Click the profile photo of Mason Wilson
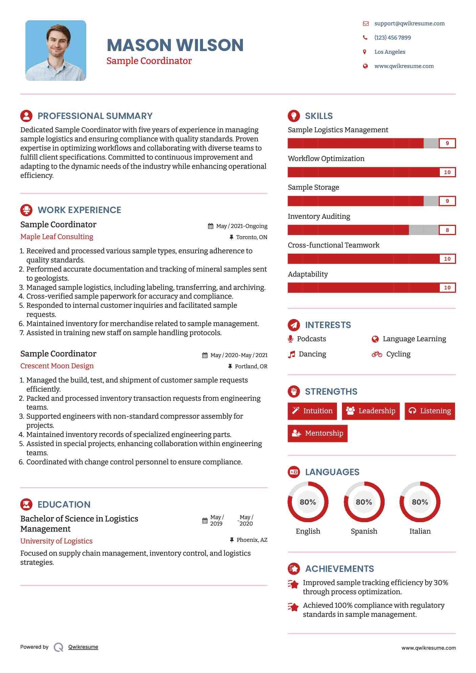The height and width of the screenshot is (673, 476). tap(56, 50)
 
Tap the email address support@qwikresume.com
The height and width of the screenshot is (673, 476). tap(409, 23)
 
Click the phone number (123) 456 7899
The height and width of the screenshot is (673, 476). tap(392, 38)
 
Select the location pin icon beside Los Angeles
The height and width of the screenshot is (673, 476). tap(365, 52)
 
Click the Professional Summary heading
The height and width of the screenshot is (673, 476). tap(95, 116)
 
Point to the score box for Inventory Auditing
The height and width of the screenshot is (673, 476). tap(447, 230)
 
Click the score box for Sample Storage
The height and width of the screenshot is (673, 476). tap(447, 201)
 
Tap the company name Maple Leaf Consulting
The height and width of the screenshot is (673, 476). tap(56, 237)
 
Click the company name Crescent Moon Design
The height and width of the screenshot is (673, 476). tap(57, 366)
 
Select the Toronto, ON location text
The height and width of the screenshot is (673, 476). tap(251, 237)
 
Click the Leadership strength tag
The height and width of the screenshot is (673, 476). tap(370, 411)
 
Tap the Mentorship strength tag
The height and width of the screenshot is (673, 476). tap(317, 433)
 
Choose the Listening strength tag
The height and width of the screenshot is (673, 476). tap(430, 411)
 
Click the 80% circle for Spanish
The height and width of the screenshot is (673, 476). tap(364, 502)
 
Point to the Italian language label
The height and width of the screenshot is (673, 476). tap(420, 531)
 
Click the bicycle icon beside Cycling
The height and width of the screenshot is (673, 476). tap(377, 354)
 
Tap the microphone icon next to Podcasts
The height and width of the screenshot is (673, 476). tap(290, 339)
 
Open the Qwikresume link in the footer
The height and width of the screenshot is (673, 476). tap(83, 647)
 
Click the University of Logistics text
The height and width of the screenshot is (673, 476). tap(56, 541)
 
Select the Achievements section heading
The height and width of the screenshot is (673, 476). tap(339, 569)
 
